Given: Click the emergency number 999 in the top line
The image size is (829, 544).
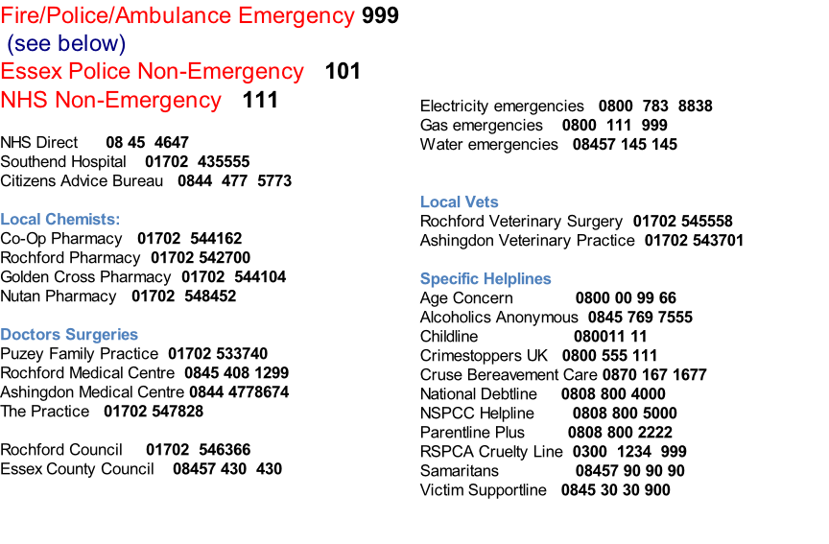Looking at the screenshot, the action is point(380,15).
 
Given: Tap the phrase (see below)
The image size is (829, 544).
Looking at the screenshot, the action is point(66,44).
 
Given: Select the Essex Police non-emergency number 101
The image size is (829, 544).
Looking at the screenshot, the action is point(343,71).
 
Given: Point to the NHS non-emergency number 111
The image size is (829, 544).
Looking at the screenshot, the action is point(260,100).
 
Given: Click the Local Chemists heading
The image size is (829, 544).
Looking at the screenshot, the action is point(60,220).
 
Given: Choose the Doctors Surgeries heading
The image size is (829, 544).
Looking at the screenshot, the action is point(69,335).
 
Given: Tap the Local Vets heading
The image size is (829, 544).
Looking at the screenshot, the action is point(459,201).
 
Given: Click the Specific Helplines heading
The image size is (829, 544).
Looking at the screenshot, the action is point(486,278).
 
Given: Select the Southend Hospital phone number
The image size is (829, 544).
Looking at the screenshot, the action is point(198,162).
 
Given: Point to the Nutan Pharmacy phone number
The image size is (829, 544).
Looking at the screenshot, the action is point(184,296).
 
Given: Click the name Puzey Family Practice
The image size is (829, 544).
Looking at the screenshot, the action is point(80,354).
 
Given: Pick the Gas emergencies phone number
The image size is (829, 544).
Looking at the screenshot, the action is point(614,126).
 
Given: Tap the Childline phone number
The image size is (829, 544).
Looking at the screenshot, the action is point(610,336).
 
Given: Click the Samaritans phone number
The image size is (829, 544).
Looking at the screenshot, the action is point(629,470).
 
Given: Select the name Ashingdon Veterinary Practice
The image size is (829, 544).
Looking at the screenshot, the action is point(527,241).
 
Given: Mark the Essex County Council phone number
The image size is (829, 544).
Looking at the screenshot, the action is point(227,469).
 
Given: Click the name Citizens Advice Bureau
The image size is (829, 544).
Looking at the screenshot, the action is point(82,180).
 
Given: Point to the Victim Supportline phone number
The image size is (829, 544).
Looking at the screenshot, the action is point(615,490).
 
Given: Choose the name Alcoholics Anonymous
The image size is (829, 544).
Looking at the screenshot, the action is point(499,318).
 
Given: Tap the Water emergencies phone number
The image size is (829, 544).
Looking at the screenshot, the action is point(625,144).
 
